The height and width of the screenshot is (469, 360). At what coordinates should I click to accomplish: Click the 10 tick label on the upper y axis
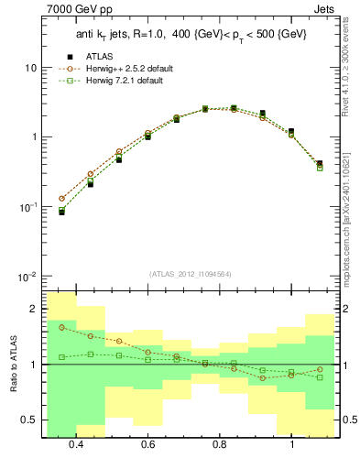(x=30, y=68)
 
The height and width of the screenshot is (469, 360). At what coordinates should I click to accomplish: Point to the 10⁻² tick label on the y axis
(x=27, y=276)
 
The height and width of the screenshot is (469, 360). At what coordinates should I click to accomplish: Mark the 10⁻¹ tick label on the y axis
(x=27, y=207)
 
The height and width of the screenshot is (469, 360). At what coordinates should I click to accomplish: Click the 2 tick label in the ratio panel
(x=34, y=309)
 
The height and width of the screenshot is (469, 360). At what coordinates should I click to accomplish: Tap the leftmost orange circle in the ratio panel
(x=61, y=327)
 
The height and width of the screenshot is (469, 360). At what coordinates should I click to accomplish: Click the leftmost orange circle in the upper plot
(x=61, y=198)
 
